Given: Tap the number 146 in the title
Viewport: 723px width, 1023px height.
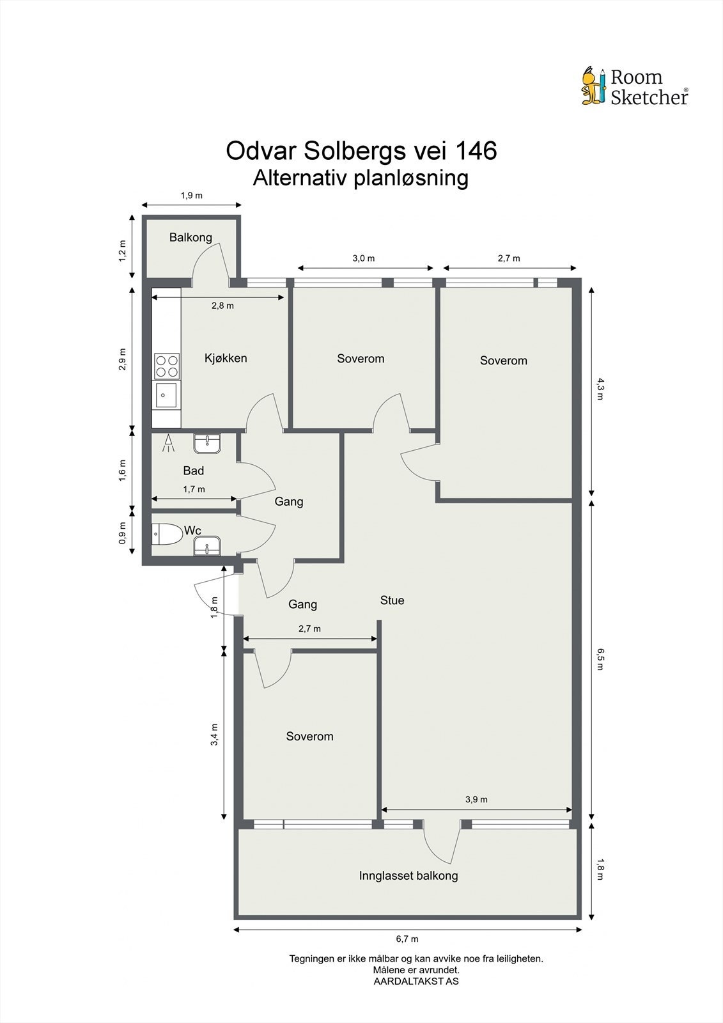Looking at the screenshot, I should coord(475,151).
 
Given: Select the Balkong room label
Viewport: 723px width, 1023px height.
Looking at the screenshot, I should coord(190,238).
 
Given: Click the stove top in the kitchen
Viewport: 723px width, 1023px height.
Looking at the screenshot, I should coord(167,366).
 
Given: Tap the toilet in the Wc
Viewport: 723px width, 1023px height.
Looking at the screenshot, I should coord(165,534).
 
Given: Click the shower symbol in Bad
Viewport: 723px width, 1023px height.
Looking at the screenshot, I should coord(169,444).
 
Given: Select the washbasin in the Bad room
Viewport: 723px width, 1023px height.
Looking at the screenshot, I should coord(207,443).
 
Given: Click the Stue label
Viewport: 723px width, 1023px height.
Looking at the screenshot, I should coord(392,600).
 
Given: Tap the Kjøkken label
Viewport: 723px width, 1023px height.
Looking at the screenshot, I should coord(226,358).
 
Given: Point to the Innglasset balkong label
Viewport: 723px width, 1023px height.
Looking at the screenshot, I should coord(408,876).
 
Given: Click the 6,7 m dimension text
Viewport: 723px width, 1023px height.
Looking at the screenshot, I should coord(407,939).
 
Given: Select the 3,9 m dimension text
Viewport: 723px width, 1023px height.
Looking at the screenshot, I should coord(476,799).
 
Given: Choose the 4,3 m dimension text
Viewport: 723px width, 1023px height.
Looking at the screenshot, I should coord(600,388).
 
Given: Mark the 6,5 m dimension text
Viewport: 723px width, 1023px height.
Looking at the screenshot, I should coord(600,659).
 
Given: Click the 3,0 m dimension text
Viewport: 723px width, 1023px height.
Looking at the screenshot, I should coord(364,258).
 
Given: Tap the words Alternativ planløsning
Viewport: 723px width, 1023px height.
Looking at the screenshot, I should coord(361,178).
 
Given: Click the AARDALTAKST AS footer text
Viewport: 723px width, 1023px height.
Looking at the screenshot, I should coord(416,981).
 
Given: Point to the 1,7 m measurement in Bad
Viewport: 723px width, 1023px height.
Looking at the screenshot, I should coord(194,489).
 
